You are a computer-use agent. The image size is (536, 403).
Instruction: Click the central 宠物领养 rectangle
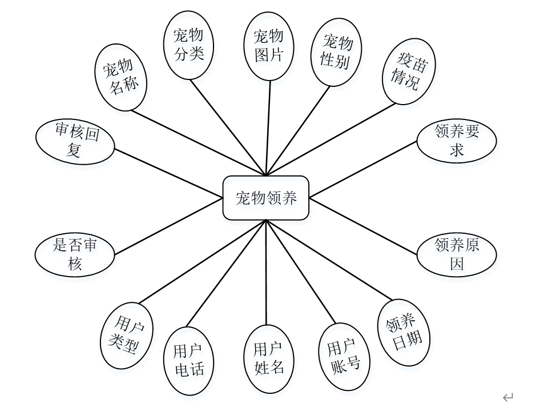pyautogui.click(x=266, y=198)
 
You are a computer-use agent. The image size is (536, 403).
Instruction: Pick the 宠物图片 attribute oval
pyautogui.click(x=268, y=45)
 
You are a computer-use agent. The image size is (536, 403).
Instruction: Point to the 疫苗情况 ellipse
pyautogui.click(x=407, y=71)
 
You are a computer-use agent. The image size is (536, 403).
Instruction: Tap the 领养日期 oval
pyautogui.click(x=404, y=332)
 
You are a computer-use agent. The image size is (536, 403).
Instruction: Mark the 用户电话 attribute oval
pyautogui.click(x=189, y=361)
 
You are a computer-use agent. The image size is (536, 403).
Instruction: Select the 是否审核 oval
pyautogui.click(x=75, y=254)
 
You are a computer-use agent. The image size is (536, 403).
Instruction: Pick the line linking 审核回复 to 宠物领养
pyautogui.click(x=168, y=173)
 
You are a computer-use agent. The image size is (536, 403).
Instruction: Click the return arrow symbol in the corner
pyautogui.click(x=508, y=396)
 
